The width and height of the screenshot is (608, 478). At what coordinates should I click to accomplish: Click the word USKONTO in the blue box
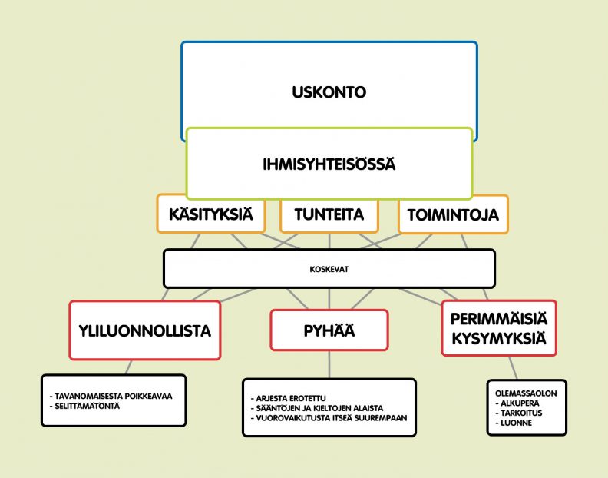(x=329, y=92)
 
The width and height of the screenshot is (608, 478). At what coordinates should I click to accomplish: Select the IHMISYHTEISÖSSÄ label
(x=329, y=164)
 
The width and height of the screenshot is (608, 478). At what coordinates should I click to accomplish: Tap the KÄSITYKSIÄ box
(x=211, y=214)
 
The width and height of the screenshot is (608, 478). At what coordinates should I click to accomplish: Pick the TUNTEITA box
(x=329, y=214)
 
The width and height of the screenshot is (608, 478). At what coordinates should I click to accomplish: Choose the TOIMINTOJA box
(x=453, y=214)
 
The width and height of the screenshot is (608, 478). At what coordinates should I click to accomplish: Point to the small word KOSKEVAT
(x=329, y=269)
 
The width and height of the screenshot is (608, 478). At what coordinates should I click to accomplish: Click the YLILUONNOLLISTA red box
(x=145, y=330)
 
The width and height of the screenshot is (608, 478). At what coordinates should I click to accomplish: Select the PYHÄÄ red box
(x=329, y=330)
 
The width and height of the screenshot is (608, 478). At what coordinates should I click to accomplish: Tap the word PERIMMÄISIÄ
(x=499, y=319)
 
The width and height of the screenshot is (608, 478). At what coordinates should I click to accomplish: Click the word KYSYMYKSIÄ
(x=499, y=339)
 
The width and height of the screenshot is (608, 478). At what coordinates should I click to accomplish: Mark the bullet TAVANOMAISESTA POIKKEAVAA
(x=111, y=396)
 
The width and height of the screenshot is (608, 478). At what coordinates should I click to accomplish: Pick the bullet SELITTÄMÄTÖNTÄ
(x=85, y=407)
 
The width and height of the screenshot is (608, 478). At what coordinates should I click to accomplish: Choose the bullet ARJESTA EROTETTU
(x=289, y=398)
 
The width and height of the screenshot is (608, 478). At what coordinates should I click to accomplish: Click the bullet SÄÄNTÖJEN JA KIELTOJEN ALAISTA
(x=317, y=408)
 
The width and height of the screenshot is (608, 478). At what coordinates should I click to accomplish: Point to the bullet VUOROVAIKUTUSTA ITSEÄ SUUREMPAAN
(x=329, y=418)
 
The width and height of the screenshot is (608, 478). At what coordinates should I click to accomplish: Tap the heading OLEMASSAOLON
(x=526, y=393)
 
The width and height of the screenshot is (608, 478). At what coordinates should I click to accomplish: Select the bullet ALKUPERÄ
(x=517, y=403)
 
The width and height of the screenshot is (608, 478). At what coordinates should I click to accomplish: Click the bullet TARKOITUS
(x=519, y=413)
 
